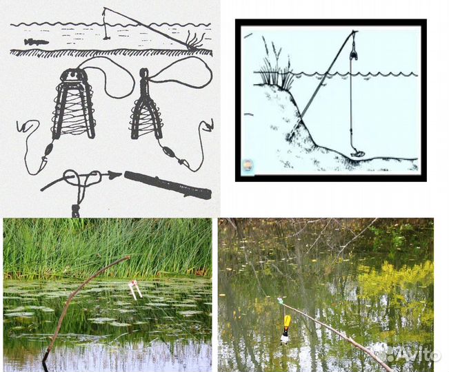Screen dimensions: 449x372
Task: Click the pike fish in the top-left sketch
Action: (x=36, y=42)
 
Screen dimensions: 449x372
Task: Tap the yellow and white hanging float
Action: (x=286, y=329)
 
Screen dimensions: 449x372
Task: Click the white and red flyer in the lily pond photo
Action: (x=135, y=289)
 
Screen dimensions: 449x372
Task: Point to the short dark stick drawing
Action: (x=168, y=185)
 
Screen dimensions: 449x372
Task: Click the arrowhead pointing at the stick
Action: (x=116, y=174)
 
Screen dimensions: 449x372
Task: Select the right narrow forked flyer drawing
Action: (x=146, y=106)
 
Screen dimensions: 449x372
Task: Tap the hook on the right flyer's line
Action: (x=208, y=125)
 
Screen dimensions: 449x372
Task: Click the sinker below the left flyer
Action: (x=49, y=149)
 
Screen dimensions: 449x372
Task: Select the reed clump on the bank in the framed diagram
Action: (x=275, y=65)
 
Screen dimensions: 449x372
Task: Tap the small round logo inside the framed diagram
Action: (x=248, y=165)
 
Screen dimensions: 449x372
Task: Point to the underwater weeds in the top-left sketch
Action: (x=194, y=40)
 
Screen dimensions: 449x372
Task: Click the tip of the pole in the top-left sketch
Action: (x=104, y=8)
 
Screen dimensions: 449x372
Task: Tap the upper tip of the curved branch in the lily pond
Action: (x=128, y=258)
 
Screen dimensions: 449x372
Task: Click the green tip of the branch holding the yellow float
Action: (x=280, y=300)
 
